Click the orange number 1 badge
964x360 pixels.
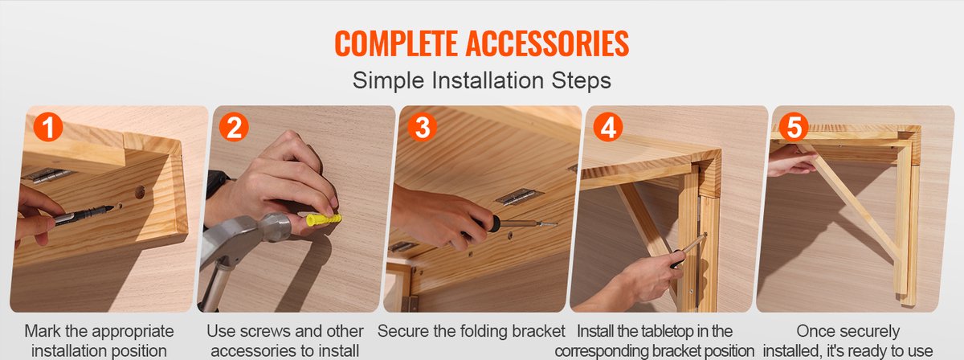click(x=48, y=127)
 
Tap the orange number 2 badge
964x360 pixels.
click(x=234, y=127)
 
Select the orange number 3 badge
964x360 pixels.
click(x=423, y=127)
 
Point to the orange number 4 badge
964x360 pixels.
click(x=608, y=127)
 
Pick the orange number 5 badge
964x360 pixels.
click(x=794, y=127)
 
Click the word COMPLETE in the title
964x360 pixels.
click(x=396, y=43)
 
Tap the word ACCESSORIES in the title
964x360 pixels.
click(x=547, y=43)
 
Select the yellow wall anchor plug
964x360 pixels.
click(x=324, y=219)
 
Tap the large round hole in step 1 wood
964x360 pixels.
click(x=140, y=191)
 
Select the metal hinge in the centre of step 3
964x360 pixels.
click(x=519, y=196)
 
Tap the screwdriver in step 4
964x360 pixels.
click(x=688, y=250)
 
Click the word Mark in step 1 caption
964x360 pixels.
click(x=43, y=331)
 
